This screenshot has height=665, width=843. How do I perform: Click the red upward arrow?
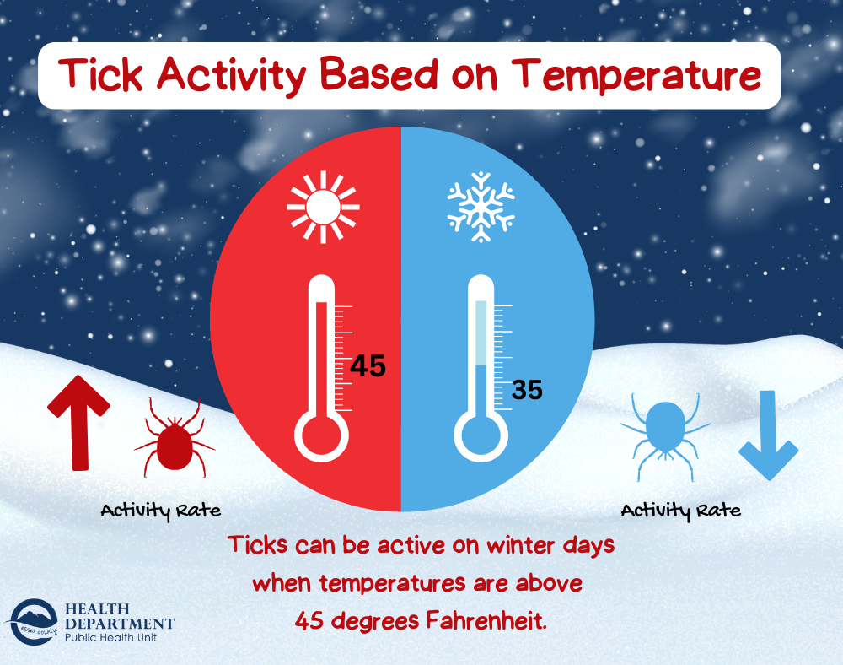pos(79,423)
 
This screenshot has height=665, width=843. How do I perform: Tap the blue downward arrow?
pos(768,435)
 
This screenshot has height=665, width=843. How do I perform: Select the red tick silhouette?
pos(175,437)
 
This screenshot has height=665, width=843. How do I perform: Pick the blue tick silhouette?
pos(666,436)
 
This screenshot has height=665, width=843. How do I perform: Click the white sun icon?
pos(323,207)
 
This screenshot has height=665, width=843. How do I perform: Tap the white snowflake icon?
pos(481,207)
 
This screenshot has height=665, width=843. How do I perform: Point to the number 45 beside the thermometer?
pos(368,366)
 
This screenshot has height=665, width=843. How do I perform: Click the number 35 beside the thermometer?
pos(527,390)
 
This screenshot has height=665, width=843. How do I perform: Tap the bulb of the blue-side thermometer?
pos(481,435)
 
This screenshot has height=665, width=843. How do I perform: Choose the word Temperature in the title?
pos(636,76)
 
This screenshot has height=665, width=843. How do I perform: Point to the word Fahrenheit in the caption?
pos(487,621)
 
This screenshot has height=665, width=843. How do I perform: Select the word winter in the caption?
pos(520,545)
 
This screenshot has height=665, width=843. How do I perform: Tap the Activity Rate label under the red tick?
pos(161,511)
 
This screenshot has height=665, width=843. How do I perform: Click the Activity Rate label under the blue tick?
pos(681,511)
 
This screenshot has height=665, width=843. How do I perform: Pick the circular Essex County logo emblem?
pos(34,622)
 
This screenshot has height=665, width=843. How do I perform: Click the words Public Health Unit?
pos(110,637)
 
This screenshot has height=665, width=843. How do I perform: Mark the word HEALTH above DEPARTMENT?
pos(97,608)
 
